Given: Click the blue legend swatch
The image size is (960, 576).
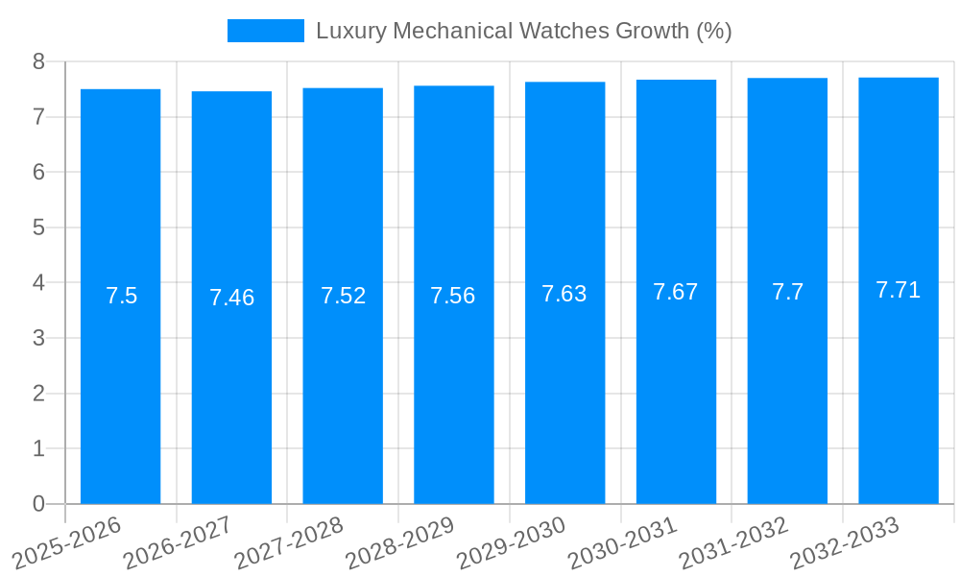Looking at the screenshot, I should [x=265, y=31].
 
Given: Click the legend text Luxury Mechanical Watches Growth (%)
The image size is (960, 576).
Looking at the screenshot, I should [x=523, y=31].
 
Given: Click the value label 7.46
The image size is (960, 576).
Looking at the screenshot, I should [x=231, y=298].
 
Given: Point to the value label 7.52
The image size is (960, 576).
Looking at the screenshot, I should [x=343, y=296].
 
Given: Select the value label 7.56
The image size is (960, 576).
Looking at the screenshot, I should [x=453, y=296].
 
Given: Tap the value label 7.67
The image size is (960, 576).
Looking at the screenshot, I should [x=676, y=292].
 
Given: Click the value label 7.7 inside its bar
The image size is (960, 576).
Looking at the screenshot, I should [x=787, y=292].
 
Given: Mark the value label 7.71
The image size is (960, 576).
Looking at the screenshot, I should [x=899, y=290].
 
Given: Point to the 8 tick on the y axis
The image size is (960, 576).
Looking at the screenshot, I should [x=38, y=61].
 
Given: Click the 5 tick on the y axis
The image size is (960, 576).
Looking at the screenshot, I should [x=38, y=228].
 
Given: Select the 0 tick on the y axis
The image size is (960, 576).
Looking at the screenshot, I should [x=38, y=504].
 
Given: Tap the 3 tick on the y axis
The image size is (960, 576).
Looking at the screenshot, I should [x=38, y=338].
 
